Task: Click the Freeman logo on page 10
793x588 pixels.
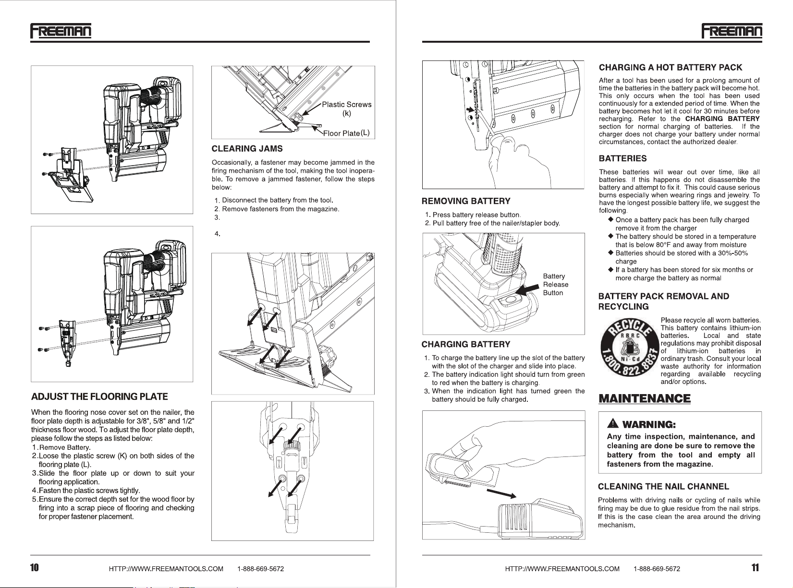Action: coord(61,31)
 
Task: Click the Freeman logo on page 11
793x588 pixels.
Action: coord(732,31)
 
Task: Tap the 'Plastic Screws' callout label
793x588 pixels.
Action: coord(346,105)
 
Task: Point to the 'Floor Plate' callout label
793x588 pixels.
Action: coord(341,133)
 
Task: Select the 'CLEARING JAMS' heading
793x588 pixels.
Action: coord(247,149)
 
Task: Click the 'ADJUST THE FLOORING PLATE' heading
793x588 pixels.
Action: coord(99,397)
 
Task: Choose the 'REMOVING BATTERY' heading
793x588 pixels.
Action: coord(466,201)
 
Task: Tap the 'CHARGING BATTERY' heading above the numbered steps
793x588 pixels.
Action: coord(465,344)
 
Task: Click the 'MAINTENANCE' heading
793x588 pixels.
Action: coord(644,398)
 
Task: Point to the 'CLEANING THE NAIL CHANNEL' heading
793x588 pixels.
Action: coord(663,487)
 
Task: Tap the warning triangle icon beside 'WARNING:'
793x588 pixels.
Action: coord(612,424)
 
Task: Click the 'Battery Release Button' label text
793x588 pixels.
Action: coord(555,285)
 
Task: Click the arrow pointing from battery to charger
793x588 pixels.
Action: coord(501,494)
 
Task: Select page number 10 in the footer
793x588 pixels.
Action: coord(35,568)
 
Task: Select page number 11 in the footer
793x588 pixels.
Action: coord(755,568)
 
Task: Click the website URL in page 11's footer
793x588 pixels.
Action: coord(562,569)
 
